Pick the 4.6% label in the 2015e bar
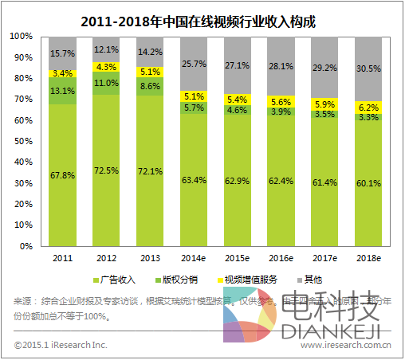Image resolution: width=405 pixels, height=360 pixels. click(237, 110)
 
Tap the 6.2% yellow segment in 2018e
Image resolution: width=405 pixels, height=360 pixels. click(368, 107)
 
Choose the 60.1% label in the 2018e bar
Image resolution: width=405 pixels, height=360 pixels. click(368, 182)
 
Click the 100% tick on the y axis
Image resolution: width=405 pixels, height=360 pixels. click(22, 37)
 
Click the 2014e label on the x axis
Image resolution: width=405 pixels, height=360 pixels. click(193, 259)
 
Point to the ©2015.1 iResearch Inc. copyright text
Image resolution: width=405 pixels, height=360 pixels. click(61, 345)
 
